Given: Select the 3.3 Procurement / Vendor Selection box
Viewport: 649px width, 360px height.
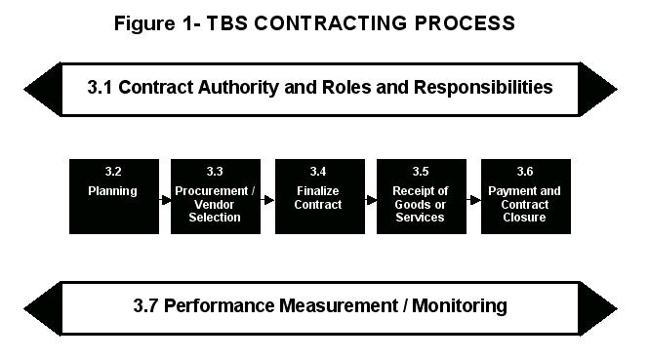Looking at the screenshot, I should [216, 196].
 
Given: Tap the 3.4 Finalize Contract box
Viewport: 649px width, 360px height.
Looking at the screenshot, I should [319, 196].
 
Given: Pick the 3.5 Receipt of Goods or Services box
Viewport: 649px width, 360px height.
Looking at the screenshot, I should [422, 196].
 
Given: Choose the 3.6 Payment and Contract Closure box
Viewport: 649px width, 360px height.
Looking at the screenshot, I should [525, 196].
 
